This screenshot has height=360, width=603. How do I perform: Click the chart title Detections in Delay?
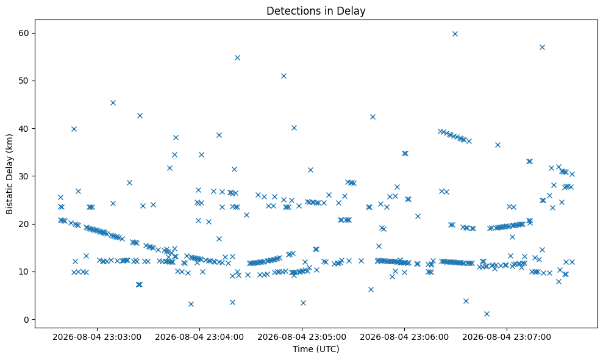(316, 11)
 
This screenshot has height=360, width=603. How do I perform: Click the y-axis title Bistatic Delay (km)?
(10, 174)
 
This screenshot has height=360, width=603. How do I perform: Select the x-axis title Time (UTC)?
(316, 349)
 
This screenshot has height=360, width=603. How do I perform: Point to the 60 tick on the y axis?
(24, 33)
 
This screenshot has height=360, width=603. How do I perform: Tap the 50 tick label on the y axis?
(24, 81)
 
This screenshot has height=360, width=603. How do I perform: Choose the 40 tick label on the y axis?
(24, 129)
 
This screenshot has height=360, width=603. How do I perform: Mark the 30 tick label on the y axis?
(24, 176)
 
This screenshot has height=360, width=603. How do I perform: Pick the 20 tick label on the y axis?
(24, 224)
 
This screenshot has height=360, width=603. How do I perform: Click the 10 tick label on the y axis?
(24, 272)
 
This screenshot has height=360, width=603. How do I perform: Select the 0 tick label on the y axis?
(27, 320)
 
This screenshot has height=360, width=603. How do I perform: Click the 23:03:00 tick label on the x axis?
(97, 337)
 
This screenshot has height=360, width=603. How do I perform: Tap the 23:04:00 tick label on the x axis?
(199, 337)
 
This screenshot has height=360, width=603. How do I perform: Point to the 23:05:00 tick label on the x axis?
(301, 337)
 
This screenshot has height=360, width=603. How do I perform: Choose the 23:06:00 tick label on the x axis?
(404, 337)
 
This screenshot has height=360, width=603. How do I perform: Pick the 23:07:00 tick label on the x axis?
(507, 337)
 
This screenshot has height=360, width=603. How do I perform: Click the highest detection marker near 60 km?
(455, 34)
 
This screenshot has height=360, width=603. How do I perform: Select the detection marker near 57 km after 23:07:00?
(542, 48)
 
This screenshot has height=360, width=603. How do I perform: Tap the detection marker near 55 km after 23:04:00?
(237, 58)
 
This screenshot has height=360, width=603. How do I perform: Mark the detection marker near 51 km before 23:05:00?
(284, 76)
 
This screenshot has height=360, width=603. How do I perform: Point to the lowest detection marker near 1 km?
(487, 314)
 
